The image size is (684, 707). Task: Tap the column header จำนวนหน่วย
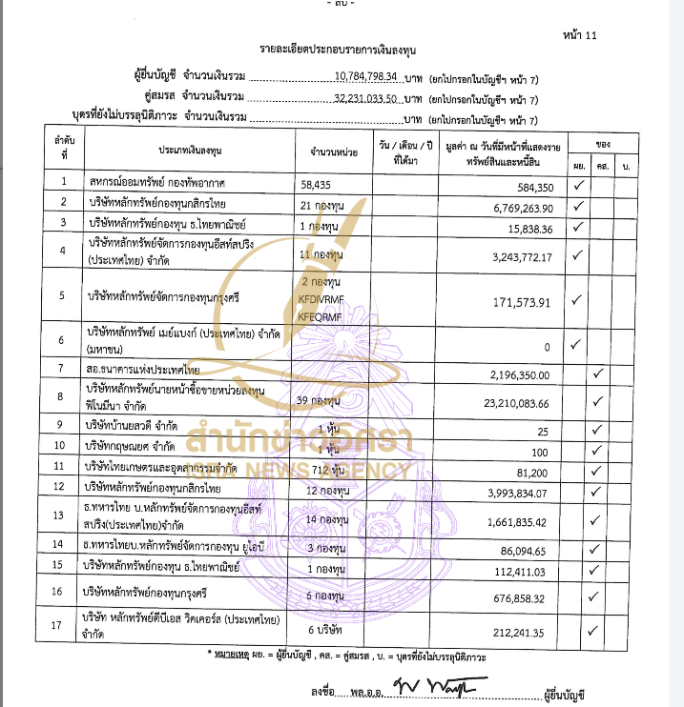(333, 151)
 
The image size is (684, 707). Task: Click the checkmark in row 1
(577, 185)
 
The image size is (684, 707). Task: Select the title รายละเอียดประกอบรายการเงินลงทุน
(337, 48)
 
